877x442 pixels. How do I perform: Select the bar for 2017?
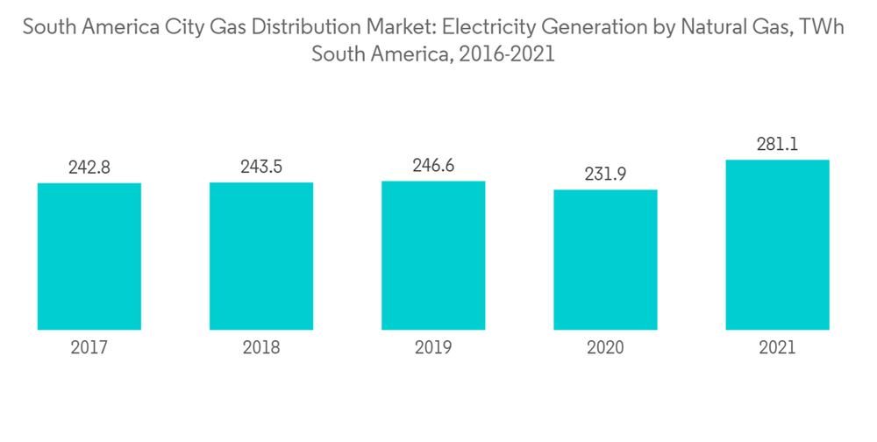pyautogui.click(x=89, y=256)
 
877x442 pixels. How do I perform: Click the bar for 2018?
pyautogui.click(x=261, y=256)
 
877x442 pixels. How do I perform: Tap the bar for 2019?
pyautogui.click(x=433, y=255)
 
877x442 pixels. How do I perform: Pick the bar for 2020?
pyautogui.click(x=605, y=260)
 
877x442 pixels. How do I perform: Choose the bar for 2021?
pyautogui.click(x=777, y=245)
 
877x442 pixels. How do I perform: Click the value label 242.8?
pyautogui.click(x=89, y=168)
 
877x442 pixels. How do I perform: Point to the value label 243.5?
pyautogui.click(x=261, y=167)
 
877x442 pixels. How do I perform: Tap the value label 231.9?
pyautogui.click(x=605, y=175)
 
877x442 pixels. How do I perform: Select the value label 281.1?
pyautogui.click(x=777, y=145)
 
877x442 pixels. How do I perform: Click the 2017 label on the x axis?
pyautogui.click(x=89, y=348)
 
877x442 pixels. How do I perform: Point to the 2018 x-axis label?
pyautogui.click(x=261, y=348)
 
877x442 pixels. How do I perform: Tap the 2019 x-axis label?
pyautogui.click(x=433, y=348)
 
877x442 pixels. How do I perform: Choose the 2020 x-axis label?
pyautogui.click(x=605, y=348)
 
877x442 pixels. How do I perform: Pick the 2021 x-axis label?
pyautogui.click(x=777, y=348)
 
